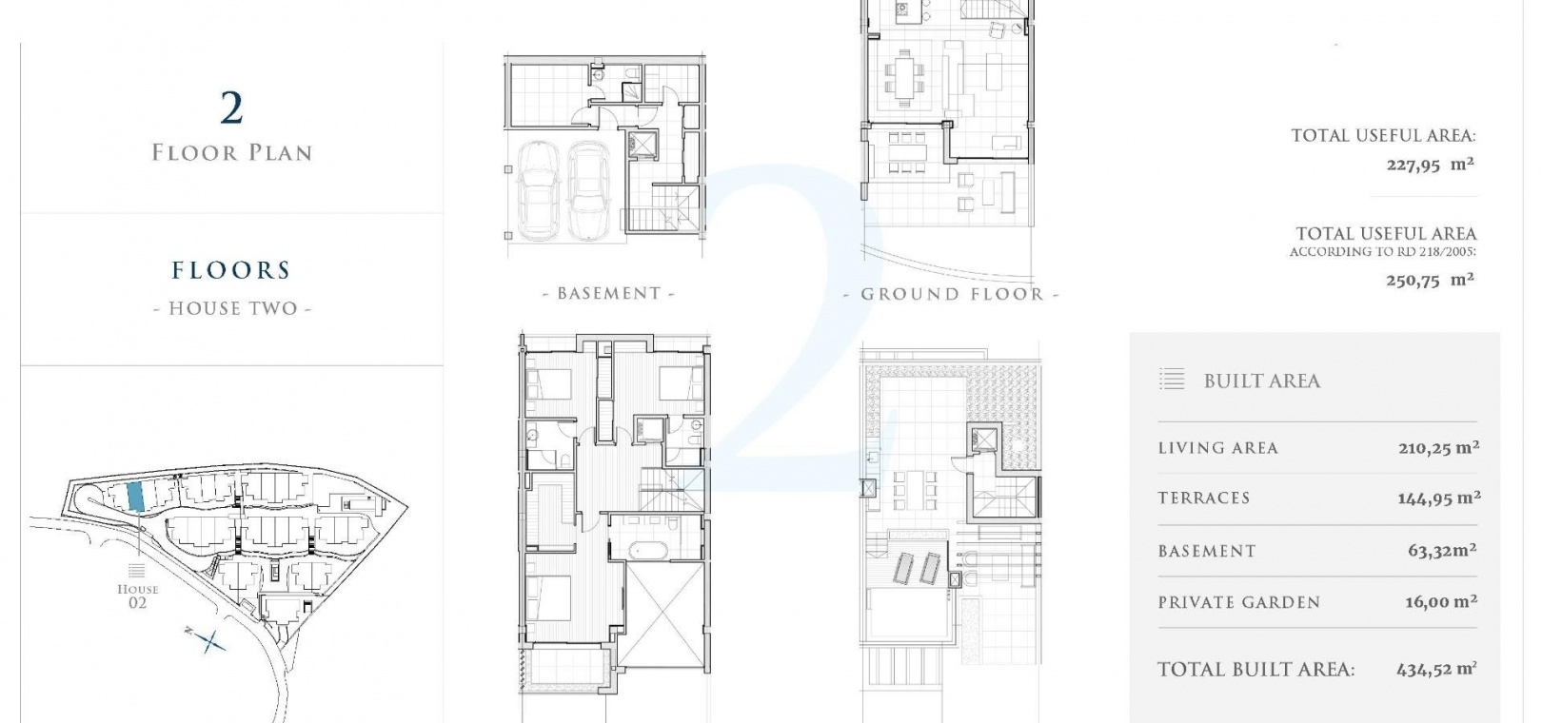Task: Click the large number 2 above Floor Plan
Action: point(232,108)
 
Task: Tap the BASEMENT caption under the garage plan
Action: point(608,294)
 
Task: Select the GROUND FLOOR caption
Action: point(951,294)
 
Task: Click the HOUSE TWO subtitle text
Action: point(232,308)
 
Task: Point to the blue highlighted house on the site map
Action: point(135,496)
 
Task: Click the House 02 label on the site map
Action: point(138,596)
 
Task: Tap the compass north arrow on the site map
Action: point(207,640)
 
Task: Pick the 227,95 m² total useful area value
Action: point(1430,165)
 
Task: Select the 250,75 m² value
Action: point(1430,280)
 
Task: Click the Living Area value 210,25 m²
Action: point(1439,448)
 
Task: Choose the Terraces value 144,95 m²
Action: point(1439,498)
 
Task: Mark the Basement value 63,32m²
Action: point(1442,550)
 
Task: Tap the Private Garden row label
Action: point(1239,602)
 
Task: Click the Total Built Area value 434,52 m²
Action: point(1436,670)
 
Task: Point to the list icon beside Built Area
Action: point(1172,379)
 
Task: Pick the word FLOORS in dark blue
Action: point(231,270)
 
